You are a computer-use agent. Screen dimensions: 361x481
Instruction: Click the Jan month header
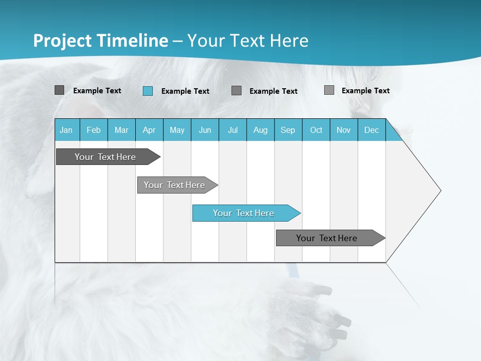pos(66,130)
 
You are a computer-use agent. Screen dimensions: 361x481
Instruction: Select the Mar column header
pos(121,130)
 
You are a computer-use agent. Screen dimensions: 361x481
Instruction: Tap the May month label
pos(177,130)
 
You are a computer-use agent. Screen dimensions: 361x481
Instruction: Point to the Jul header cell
pos(232,130)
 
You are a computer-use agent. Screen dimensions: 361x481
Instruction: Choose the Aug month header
pos(261,130)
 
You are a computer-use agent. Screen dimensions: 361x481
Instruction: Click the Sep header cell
pos(288,130)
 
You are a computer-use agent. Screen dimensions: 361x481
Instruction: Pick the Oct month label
pos(316,130)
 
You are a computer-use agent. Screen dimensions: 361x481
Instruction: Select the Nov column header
pos(344,130)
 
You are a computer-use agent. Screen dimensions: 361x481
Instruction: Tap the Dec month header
pos(372,130)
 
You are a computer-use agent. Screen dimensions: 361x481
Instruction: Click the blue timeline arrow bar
pos(246,213)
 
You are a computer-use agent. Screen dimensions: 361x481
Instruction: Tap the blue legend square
pos(148,91)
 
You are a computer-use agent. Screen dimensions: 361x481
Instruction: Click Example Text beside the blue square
pos(185,91)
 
